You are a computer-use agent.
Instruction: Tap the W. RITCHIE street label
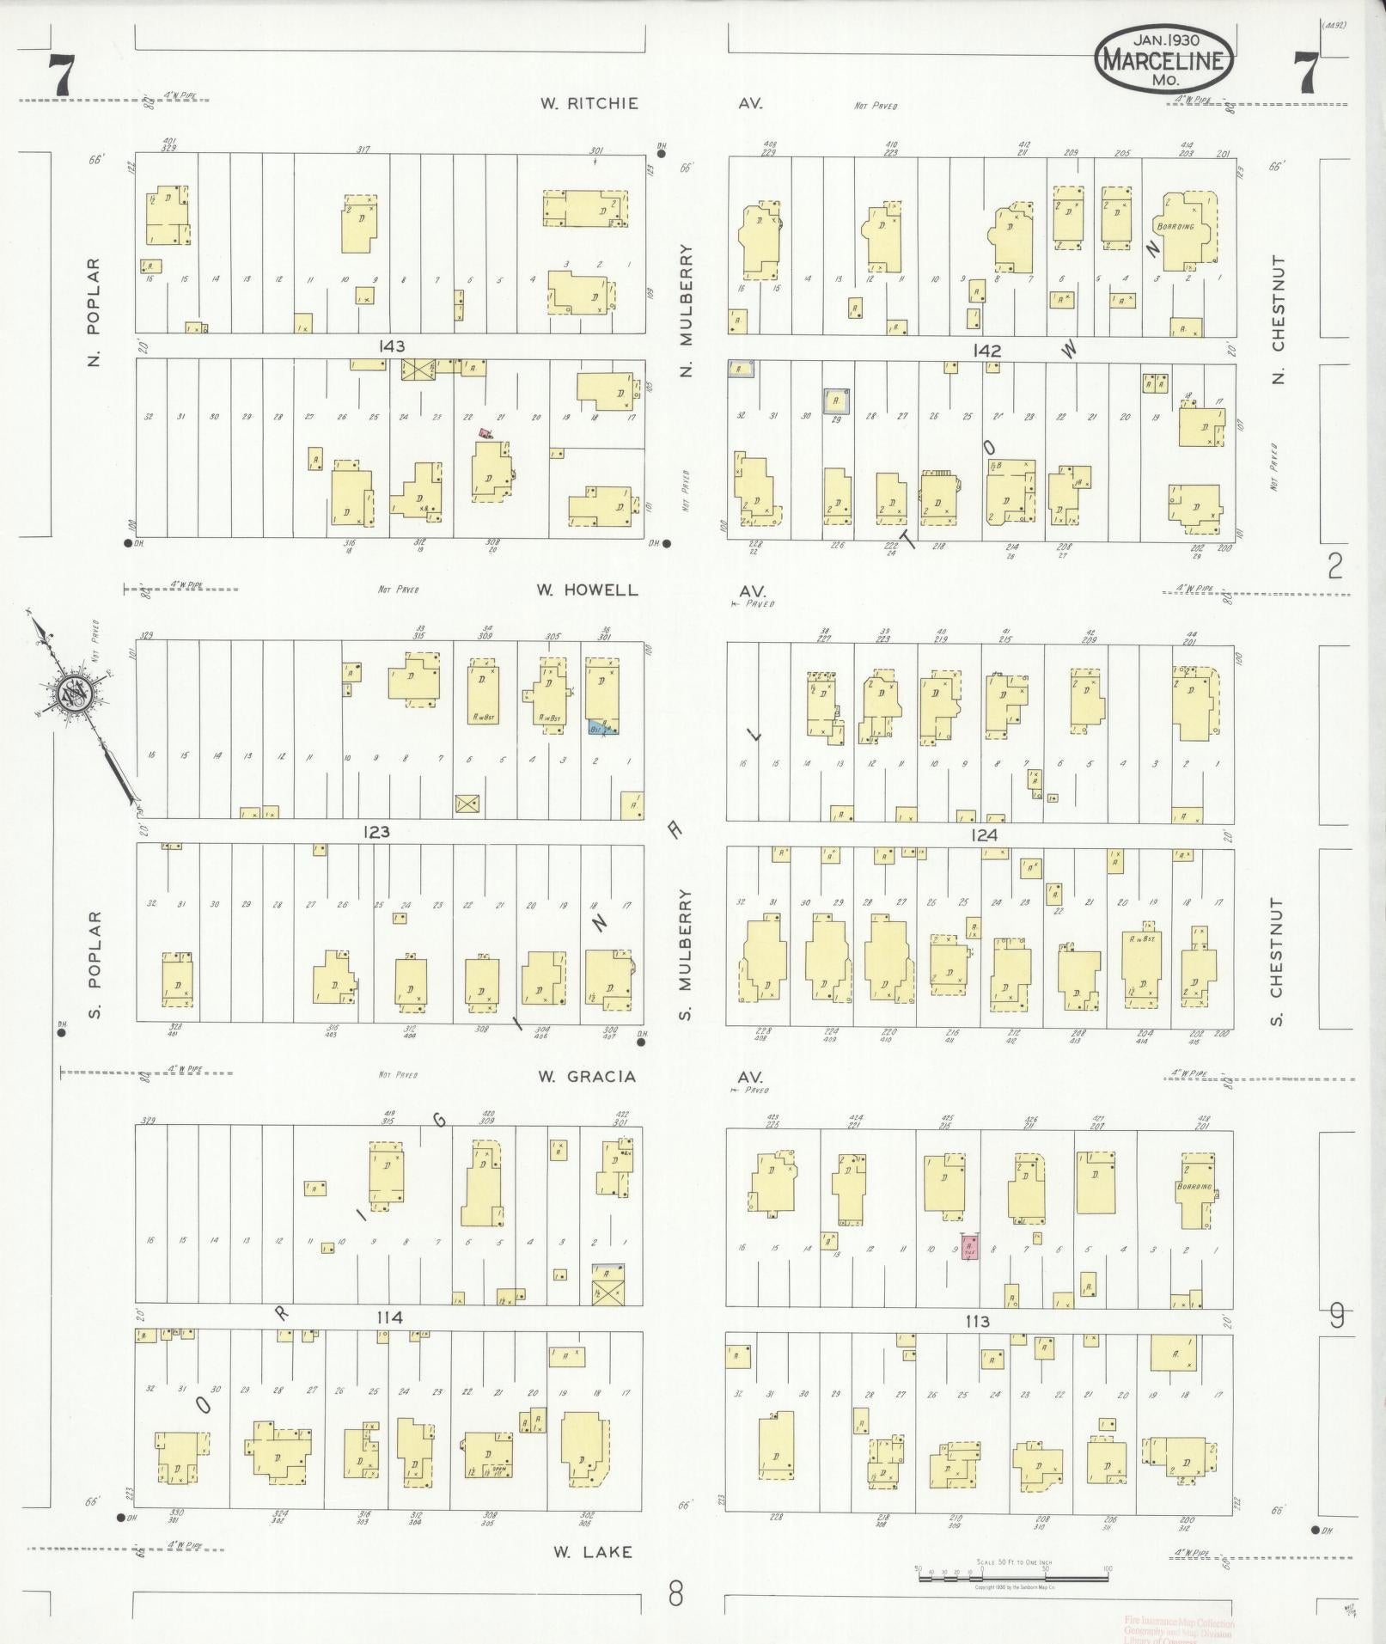589,104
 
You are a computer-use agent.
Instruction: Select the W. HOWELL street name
588,590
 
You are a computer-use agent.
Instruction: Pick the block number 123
376,832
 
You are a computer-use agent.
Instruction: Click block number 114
389,1317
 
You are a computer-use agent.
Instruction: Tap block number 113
978,1321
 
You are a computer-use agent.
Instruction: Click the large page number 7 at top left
61,76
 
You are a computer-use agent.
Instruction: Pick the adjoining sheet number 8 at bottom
676,1595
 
